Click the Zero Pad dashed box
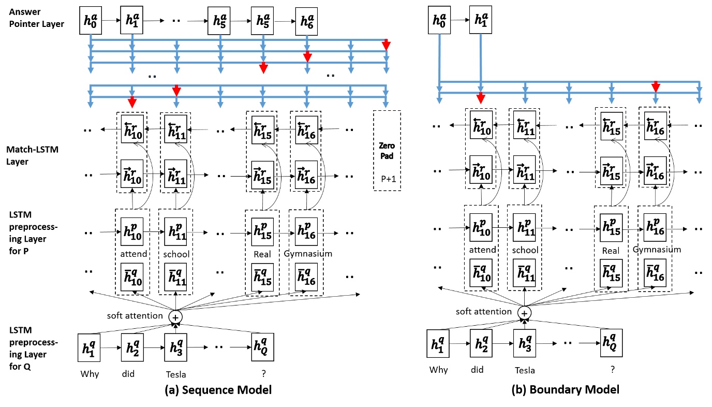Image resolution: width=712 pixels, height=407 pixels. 387,150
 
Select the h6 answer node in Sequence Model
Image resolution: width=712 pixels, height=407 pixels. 306,21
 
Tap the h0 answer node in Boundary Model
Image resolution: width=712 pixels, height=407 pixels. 439,21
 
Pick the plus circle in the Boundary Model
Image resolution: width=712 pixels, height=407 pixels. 525,313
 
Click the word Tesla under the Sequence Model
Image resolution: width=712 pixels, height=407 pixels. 176,375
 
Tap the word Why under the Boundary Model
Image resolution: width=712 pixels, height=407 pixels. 439,370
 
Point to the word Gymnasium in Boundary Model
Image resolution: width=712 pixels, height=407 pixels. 657,250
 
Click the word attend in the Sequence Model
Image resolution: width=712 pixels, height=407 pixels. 132,254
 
